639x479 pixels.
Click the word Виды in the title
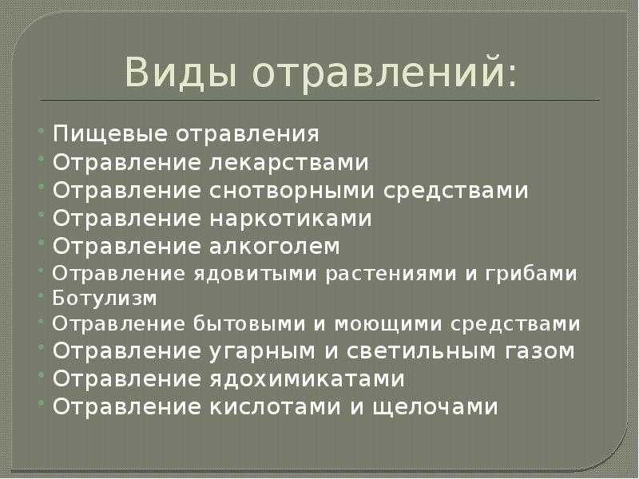click(x=181, y=73)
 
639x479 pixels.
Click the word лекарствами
click(x=289, y=162)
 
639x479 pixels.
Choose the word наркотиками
click(x=291, y=218)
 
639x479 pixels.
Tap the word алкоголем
click(x=275, y=246)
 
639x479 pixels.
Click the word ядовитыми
click(x=255, y=274)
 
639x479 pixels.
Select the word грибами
click(x=531, y=274)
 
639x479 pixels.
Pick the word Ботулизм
click(x=105, y=298)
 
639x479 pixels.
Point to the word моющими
click(x=388, y=325)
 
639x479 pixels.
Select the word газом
click(x=540, y=351)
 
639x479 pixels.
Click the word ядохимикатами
click(x=308, y=378)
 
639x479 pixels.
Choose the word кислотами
click(x=276, y=406)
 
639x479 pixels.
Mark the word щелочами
click(x=435, y=407)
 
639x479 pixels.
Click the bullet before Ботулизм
click(x=42, y=295)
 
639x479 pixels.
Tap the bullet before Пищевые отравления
click(x=42, y=130)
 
